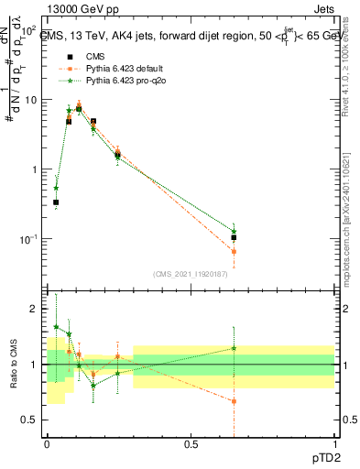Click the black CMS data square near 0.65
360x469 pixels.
pyautogui.click(x=235, y=237)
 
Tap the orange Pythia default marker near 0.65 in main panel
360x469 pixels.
pyautogui.click(x=235, y=251)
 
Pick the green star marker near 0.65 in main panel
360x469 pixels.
pyautogui.click(x=235, y=231)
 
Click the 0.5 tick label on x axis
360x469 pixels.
pyautogui.click(x=191, y=444)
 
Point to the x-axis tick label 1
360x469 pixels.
pyautogui.click(x=334, y=444)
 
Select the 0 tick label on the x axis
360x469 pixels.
pyautogui.click(x=48, y=444)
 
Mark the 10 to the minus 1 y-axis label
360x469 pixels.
pyautogui.click(x=29, y=239)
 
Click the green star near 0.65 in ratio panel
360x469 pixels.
pyautogui.click(x=235, y=348)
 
